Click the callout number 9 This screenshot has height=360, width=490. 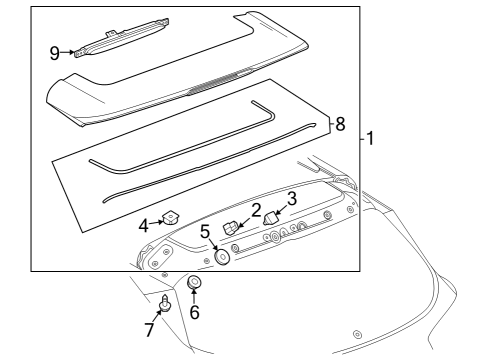click(x=55, y=53)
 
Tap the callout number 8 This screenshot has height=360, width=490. click(x=340, y=124)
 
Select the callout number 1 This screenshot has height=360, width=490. click(x=370, y=138)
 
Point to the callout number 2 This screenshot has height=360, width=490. click(x=256, y=211)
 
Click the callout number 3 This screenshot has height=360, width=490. click(x=292, y=199)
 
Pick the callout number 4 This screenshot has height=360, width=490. click(x=144, y=226)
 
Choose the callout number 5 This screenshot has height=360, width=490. click(x=205, y=232)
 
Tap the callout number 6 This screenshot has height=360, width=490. click(x=195, y=312)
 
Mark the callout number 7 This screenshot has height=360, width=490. click(x=150, y=330)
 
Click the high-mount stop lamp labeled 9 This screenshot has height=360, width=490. click(x=122, y=38)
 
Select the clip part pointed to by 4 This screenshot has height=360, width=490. click(x=170, y=217)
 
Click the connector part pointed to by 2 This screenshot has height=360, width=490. click(x=230, y=228)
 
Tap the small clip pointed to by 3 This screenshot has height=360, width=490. click(x=272, y=218)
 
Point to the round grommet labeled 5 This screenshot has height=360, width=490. click(x=222, y=257)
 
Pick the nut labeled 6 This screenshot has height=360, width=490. click(x=194, y=282)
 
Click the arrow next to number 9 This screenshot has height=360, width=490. click(x=68, y=52)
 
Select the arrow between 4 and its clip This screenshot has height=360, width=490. click(x=156, y=223)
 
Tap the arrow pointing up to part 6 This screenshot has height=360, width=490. click(x=194, y=297)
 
